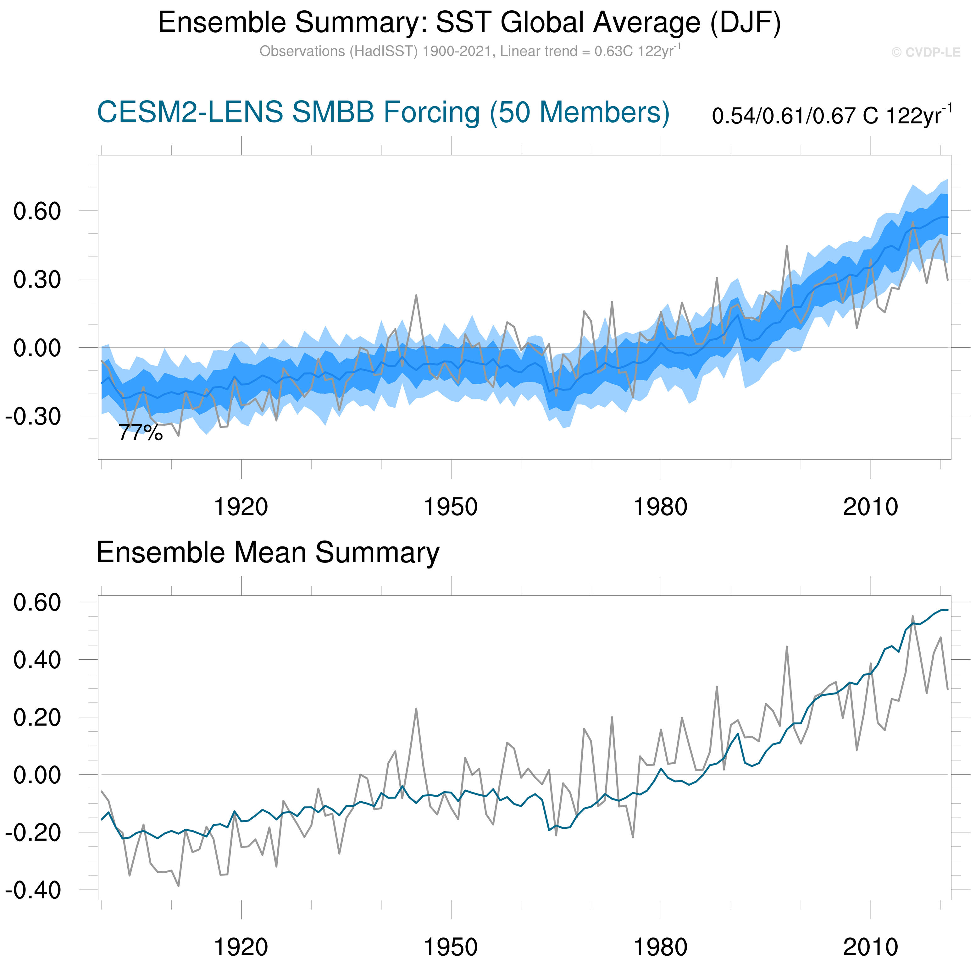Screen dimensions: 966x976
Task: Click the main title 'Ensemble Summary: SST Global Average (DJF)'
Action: click(469, 23)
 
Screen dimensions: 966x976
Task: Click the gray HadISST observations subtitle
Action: click(469, 52)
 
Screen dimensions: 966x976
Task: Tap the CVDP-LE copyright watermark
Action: click(925, 52)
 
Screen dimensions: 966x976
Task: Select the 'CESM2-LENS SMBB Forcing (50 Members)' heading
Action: click(383, 112)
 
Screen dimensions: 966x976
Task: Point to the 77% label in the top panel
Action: click(141, 433)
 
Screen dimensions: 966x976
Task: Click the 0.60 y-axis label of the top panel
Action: click(37, 211)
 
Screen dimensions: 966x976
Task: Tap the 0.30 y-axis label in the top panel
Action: click(37, 279)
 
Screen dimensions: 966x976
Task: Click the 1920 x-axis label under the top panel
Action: click(241, 507)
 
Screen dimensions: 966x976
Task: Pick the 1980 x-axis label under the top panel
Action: click(660, 507)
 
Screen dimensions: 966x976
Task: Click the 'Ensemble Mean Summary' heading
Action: click(268, 552)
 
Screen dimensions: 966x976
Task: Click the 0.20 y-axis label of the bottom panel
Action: click(37, 717)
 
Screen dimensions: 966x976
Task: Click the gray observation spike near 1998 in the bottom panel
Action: click(787, 647)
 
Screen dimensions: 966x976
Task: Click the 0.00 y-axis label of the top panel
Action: click(37, 348)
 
